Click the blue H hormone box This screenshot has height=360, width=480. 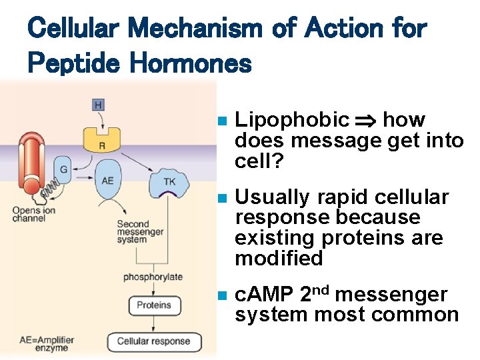click(99, 105)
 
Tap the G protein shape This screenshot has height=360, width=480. click(64, 170)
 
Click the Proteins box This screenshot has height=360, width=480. click(154, 305)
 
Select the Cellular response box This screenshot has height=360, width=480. click(153, 341)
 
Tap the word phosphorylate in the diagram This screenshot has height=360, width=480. click(153, 277)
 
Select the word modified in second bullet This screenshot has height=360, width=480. click(279, 258)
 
